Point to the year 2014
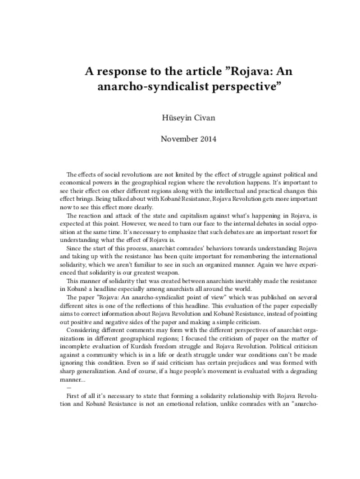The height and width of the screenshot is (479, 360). click(207, 139)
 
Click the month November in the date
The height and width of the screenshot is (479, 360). click(178, 139)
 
